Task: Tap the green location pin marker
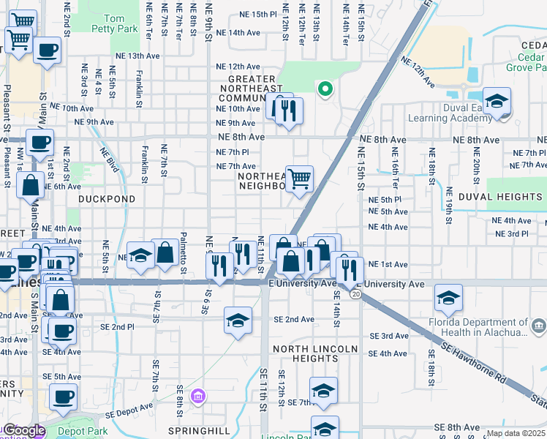325,89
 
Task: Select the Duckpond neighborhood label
107,198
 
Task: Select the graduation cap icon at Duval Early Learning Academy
497,101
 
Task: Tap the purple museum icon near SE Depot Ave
197,397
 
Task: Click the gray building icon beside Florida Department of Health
539,325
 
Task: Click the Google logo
24,431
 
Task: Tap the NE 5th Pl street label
386,199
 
